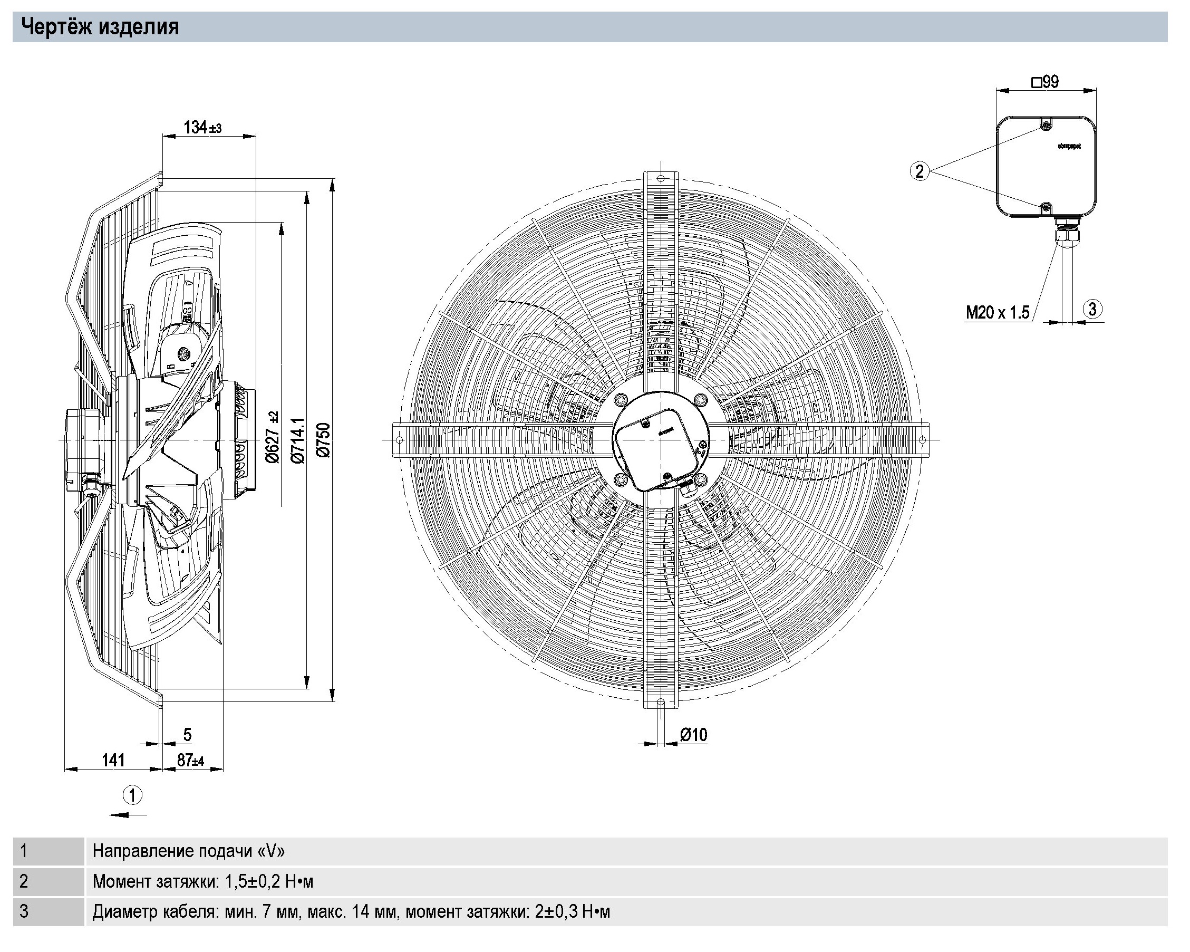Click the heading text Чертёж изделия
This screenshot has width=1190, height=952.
click(100, 26)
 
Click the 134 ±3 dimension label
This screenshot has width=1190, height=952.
click(202, 128)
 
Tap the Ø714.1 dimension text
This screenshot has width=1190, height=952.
click(298, 440)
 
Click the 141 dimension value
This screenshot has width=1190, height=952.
click(113, 761)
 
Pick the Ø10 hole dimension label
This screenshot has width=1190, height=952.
click(694, 734)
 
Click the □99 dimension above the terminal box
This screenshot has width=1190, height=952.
click(1045, 82)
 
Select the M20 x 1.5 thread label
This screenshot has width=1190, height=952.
click(998, 313)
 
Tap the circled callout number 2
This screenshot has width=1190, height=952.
click(920, 171)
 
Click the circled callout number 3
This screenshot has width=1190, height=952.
click(1092, 309)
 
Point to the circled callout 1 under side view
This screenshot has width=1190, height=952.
click(132, 795)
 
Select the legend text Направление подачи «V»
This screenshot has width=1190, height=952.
click(189, 851)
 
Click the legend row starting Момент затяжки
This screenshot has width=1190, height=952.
click(202, 881)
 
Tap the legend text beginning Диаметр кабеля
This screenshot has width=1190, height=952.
click(351, 912)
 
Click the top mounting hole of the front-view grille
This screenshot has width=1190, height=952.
click(660, 178)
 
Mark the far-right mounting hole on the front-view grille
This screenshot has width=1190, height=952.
click(922, 439)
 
